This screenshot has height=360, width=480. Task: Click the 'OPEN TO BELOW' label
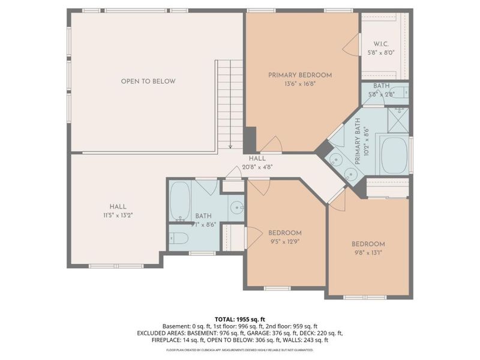tap(148, 81)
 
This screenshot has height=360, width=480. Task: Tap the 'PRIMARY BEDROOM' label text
tap(299, 75)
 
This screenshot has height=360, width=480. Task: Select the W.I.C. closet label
tap(382, 44)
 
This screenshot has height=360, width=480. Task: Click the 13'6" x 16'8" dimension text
tap(299, 84)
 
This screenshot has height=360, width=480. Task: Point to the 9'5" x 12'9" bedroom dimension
tap(284, 242)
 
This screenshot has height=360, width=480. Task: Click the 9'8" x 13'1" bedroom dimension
tap(368, 253)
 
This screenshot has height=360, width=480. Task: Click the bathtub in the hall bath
tap(179, 202)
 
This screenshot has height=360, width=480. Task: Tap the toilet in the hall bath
tap(179, 239)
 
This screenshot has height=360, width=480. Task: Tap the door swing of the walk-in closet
tap(351, 45)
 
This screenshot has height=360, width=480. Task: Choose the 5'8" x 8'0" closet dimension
tap(382, 53)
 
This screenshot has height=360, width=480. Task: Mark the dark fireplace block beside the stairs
tap(250, 139)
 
